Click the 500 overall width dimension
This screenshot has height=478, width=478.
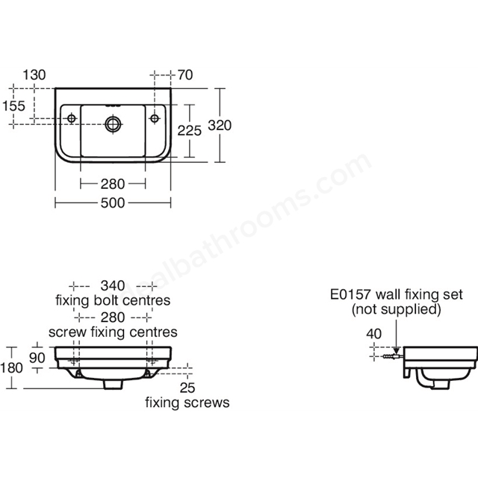coord(113,203)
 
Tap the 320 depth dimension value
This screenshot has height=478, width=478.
coord(220,125)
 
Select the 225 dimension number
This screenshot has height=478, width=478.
coord(189,131)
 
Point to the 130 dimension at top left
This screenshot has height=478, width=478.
coord(34,75)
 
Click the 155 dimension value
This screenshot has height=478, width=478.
coord(13,106)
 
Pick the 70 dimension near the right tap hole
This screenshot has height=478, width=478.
coord(185,75)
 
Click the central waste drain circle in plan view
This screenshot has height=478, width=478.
coord(113,124)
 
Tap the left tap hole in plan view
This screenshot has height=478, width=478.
coord(72,118)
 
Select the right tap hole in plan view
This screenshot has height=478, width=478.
coord(155,118)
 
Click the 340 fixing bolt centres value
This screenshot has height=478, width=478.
coord(113,286)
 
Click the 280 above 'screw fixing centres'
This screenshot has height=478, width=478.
coord(113,317)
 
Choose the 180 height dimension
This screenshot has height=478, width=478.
coord(12,367)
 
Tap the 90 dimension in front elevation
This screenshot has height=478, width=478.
coord(37,358)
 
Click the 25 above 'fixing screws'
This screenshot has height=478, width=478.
coord(187,388)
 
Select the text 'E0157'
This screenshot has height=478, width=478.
coord(350,294)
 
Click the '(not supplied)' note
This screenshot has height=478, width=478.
coord(397,309)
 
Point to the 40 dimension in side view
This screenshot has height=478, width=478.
coord(373,334)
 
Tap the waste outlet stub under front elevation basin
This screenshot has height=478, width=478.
coord(113,385)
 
